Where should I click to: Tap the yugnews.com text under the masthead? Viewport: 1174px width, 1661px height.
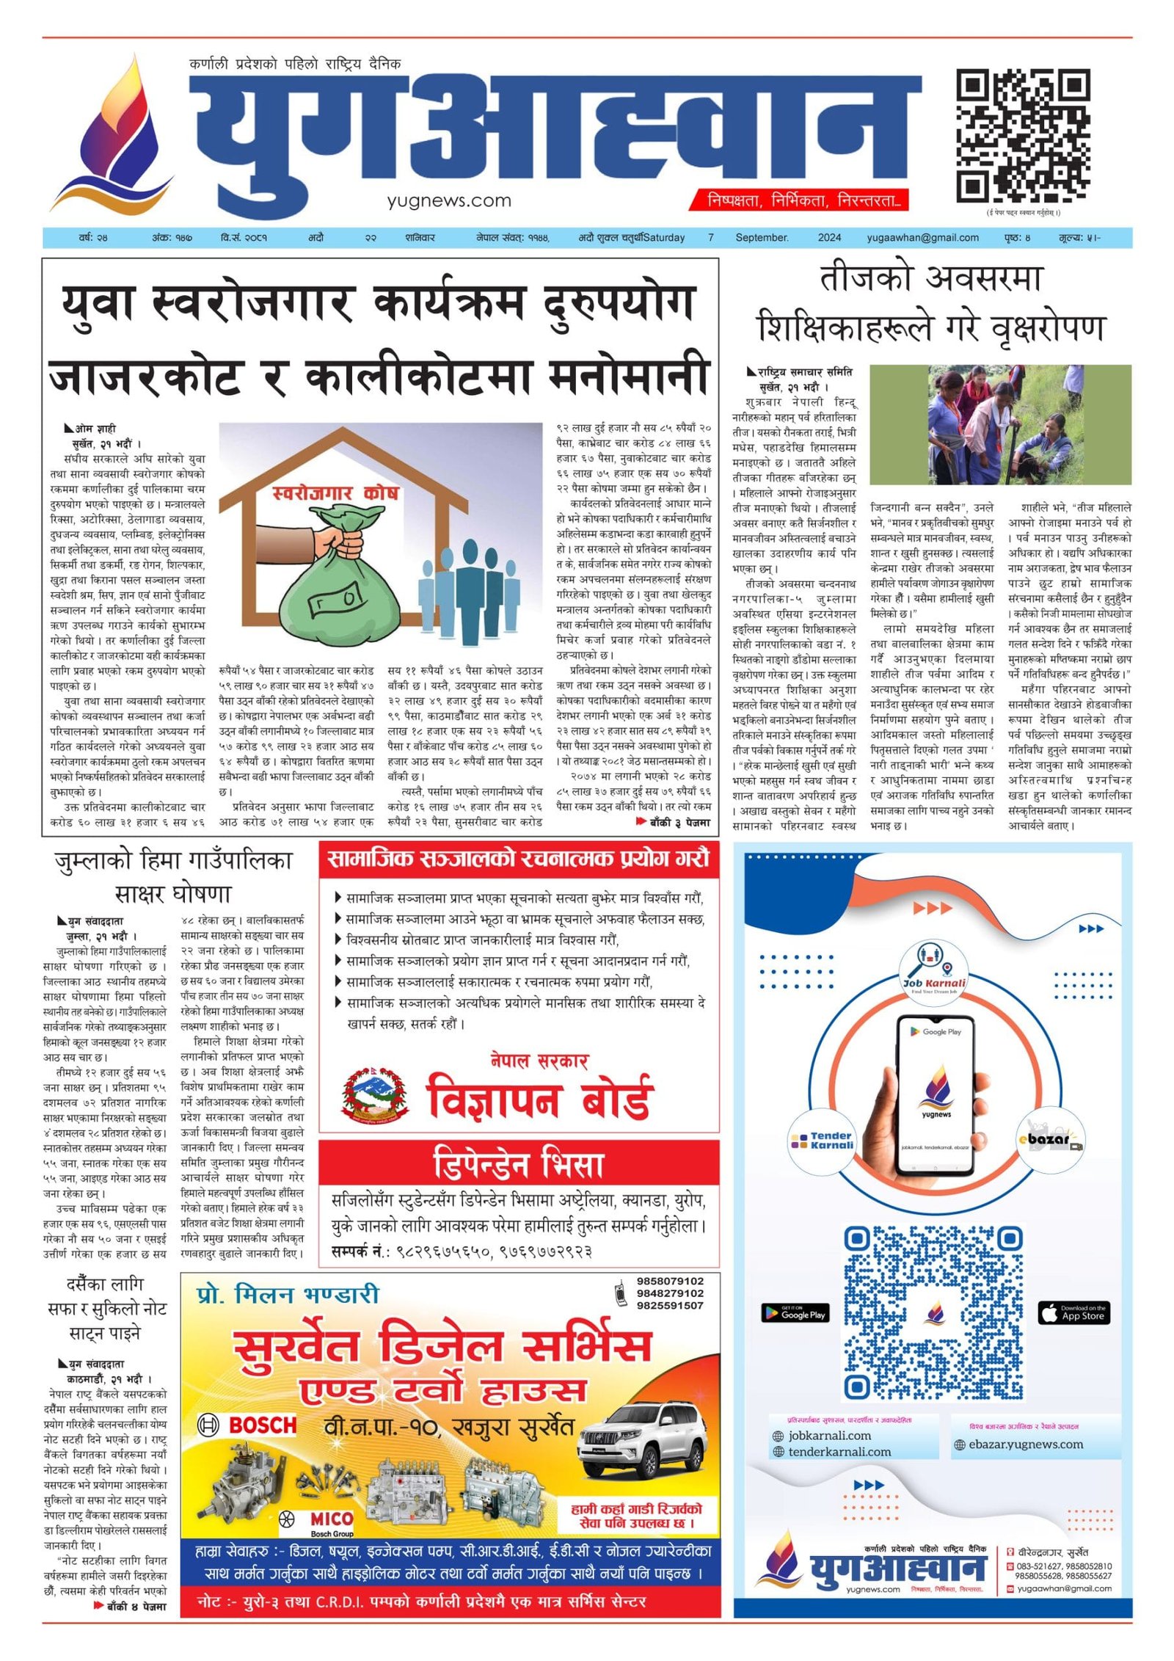[449, 200]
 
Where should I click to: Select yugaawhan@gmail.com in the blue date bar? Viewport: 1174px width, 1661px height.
[922, 238]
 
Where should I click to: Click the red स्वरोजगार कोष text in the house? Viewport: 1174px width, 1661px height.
[335, 493]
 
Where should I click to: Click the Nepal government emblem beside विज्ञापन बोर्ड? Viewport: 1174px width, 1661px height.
[374, 1096]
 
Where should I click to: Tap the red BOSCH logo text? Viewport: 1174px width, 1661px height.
[262, 1425]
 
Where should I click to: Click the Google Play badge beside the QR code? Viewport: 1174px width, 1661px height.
[795, 1313]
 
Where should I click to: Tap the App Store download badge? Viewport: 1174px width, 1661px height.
[1073, 1313]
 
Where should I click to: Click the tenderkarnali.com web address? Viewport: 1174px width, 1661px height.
[839, 1452]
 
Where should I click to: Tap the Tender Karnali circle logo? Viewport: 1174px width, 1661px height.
[822, 1140]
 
